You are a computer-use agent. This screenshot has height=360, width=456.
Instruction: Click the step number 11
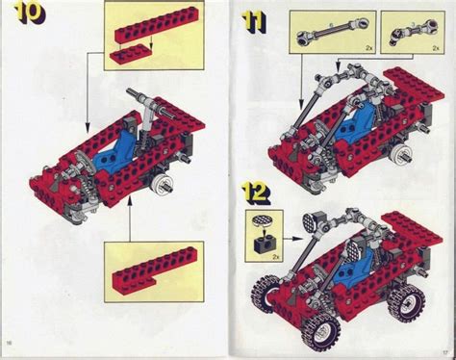(254, 21)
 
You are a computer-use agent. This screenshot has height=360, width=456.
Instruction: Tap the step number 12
(256, 191)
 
